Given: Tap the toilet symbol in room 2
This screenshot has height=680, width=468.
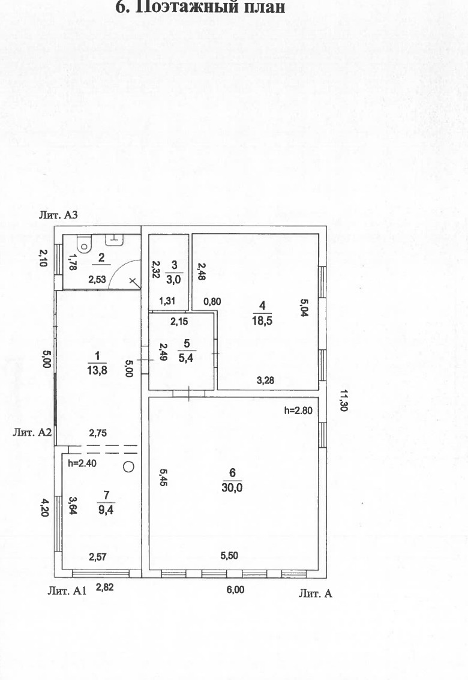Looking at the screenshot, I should point(84,243).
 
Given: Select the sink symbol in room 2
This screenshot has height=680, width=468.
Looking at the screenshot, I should point(113,239).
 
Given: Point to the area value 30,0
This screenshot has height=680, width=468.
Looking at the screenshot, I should point(231,488).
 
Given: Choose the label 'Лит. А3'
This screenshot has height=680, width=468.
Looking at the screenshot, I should point(59,215).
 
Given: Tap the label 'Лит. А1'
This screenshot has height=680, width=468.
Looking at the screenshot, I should point(67,591).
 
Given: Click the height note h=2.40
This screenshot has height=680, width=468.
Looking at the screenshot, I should point(82,463).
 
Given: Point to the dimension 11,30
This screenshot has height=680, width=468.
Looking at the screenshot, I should point(344,401).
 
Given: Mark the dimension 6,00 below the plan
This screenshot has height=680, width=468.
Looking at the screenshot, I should point(235,589).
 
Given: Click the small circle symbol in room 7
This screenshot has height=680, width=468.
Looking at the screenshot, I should point(129,466).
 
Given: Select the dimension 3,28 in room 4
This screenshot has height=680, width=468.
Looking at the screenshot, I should point(266,379).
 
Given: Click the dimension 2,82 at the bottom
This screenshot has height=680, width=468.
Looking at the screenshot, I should point(105,588).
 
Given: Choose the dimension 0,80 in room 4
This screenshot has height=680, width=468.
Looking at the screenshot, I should point(213,301).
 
